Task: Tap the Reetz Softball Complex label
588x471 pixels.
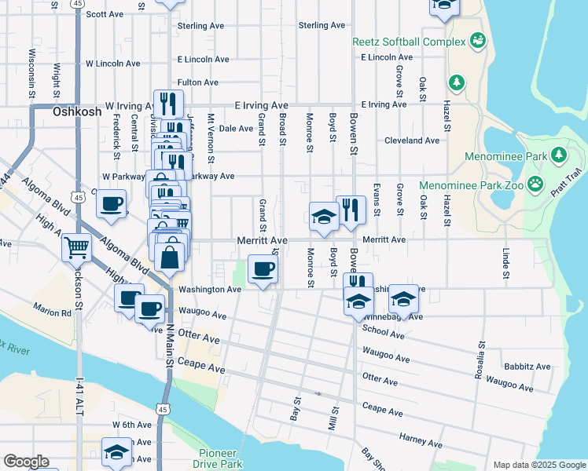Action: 410,41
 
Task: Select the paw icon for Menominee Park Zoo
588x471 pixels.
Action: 535,184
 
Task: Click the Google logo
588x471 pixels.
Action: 25,462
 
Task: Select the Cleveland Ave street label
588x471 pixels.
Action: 411,141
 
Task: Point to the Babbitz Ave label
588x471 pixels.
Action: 527,367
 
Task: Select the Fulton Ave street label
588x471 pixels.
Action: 198,82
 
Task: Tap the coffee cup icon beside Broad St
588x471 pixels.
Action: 263,270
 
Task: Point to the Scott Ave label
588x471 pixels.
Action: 105,14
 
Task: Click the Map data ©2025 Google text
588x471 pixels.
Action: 538,465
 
